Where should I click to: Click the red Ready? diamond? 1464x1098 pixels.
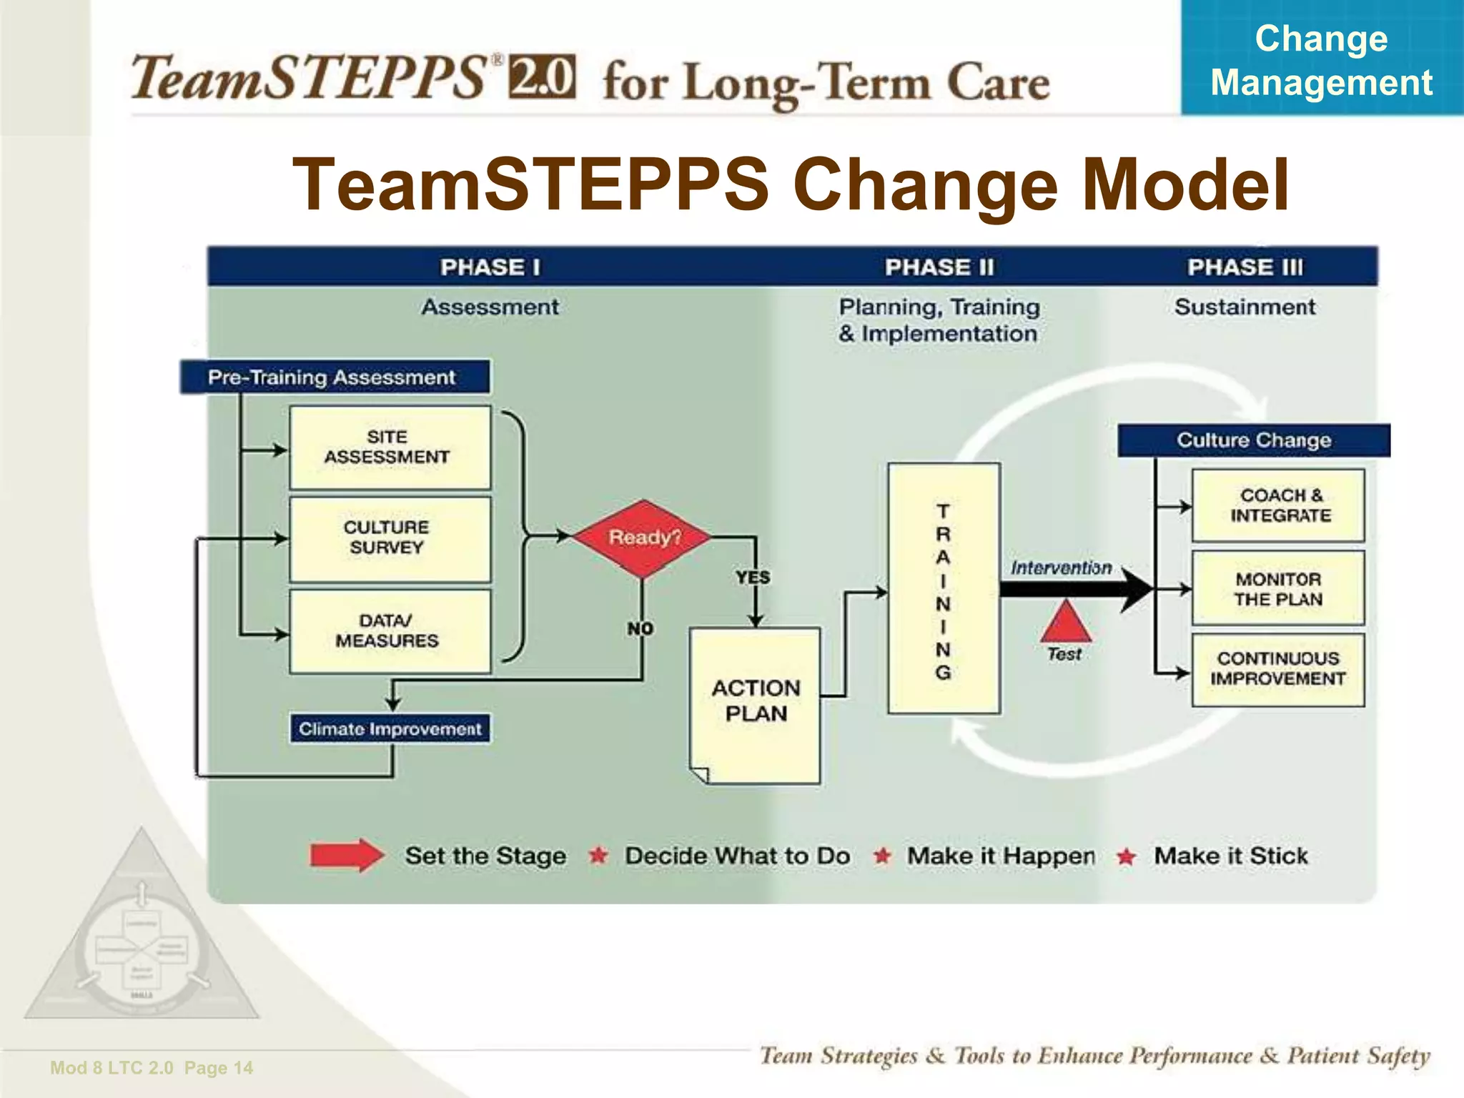643,538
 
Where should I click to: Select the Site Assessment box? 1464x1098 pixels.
390,447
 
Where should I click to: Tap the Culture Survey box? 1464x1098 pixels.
390,538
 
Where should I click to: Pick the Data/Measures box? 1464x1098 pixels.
390,631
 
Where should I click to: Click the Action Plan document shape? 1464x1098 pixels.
755,704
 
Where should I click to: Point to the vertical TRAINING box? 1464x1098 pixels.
943,588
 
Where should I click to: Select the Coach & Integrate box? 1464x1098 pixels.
1277,505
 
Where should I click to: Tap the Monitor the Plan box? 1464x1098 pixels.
1277,588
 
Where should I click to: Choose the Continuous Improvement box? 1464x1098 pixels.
1277,669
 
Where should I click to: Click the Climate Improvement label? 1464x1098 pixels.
390,728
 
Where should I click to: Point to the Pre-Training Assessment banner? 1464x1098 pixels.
333,377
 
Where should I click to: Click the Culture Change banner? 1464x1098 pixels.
1253,440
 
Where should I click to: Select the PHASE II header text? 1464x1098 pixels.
939,267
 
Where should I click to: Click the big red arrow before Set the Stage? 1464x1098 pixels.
346,855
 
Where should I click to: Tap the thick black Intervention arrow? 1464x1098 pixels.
1072,589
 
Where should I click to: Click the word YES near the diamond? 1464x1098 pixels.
753,577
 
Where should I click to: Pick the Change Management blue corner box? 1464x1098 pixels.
1321,59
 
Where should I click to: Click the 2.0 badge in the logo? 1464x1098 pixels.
541,76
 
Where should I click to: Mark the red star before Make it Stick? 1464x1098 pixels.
1126,856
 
